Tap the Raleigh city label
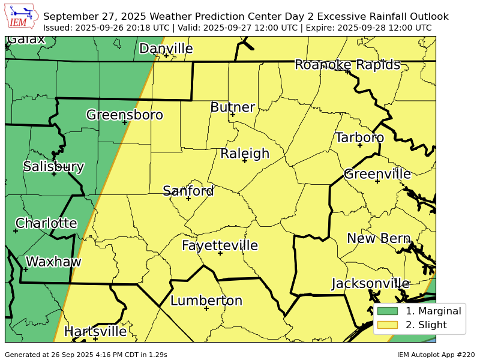click(245, 154)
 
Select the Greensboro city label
click(124, 115)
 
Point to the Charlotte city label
click(46, 223)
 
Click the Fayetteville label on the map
click(220, 245)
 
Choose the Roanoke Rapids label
click(347, 65)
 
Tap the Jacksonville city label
click(370, 283)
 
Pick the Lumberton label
click(206, 301)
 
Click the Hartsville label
click(95, 331)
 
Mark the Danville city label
click(166, 49)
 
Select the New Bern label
click(378, 238)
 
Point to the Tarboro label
click(359, 137)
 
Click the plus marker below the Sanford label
click(188, 199)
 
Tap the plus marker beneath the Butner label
click(233, 115)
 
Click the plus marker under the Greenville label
click(377, 181)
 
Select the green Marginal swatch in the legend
click(387, 311)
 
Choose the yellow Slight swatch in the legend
click(387, 325)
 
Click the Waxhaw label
click(53, 262)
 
